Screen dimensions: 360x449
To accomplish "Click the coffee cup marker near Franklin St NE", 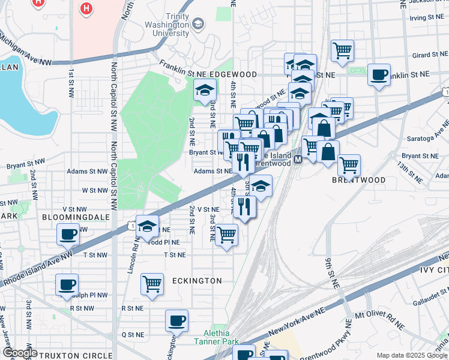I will click(x=378, y=75).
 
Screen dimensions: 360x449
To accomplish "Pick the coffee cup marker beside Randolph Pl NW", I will click(x=67, y=284).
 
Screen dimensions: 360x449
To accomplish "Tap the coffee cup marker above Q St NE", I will click(x=176, y=320).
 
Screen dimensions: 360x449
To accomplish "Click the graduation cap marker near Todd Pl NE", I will click(x=147, y=226).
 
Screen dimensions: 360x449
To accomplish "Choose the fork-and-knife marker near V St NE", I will click(x=244, y=206).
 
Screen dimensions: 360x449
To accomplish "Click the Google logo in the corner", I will click(x=20, y=353).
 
